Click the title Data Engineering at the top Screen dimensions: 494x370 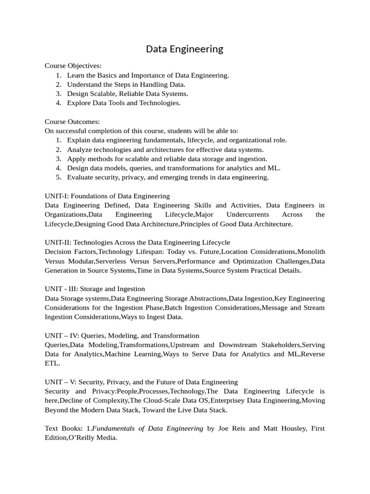point(185,49)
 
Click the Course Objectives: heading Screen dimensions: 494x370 point(73,66)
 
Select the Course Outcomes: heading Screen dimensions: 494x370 point(72,122)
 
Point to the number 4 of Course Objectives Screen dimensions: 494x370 point(58,103)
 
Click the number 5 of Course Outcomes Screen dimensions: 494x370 point(58,177)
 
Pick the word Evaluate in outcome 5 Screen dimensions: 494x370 point(80,177)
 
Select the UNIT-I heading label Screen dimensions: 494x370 point(58,196)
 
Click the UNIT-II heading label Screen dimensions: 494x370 point(59,242)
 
